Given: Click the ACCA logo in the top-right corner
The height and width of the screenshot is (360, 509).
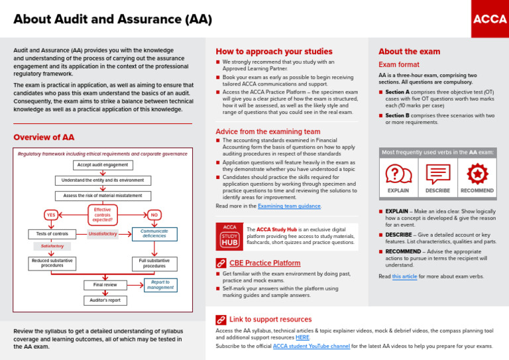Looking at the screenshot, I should pos(489,19).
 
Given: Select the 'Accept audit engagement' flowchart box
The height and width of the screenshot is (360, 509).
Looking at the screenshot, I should pos(103,165).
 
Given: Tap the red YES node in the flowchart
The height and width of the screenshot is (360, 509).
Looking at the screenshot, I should pos(50,215).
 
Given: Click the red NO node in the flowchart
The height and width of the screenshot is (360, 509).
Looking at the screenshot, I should pos(153,215).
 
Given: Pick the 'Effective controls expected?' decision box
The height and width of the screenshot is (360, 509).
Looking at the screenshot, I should pos(102,215).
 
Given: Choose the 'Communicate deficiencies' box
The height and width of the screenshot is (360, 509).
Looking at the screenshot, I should pos(154,233).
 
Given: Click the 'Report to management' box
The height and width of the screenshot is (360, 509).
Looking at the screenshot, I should pos(160,285).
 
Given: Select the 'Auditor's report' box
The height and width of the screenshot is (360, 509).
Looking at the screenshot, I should pos(105,300).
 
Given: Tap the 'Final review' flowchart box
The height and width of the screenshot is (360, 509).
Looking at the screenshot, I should pos(105,285).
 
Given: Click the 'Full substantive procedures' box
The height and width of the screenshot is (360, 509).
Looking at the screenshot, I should pos(154,264).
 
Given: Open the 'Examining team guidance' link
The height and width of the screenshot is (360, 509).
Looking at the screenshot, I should pos(289,206).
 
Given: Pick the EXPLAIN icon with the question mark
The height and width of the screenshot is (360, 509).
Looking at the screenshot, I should pos(398,174).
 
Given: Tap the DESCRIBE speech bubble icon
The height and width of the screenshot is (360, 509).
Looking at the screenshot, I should pos(437,174).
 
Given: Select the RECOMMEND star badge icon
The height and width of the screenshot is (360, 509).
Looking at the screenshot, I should pos(477,174).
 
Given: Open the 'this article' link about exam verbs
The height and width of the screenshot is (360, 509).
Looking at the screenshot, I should pos(405,276).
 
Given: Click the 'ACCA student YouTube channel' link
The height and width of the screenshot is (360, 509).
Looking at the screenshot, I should pos(311,346).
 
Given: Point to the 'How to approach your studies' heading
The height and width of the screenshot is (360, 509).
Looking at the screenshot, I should pos(274,51).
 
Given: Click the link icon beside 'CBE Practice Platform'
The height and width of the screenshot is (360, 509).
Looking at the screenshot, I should pos(221,263).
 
